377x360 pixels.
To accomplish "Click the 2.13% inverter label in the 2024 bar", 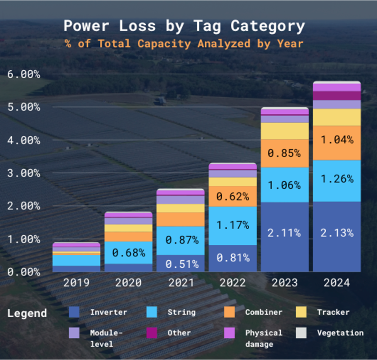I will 337,233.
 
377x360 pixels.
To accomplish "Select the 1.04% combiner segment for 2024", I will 337,140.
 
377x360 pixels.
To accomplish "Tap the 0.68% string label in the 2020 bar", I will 129,253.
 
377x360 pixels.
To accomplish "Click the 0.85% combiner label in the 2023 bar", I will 285,153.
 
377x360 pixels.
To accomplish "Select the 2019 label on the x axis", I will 76,283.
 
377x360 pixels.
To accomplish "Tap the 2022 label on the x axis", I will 233,283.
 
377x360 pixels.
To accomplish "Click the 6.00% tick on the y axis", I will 24,74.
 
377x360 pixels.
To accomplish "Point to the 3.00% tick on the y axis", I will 24,173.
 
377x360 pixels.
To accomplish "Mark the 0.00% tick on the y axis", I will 24,272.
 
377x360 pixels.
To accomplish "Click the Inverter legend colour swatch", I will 74,312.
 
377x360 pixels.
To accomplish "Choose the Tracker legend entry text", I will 333,312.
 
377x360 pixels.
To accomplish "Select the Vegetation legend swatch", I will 301,333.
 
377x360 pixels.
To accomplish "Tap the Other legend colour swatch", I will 152,333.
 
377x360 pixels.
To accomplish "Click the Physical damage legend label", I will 264,338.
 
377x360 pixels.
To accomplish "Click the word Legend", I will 27,313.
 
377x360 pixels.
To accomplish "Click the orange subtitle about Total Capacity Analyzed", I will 184,44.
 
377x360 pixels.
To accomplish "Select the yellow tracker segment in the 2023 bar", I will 285,130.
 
